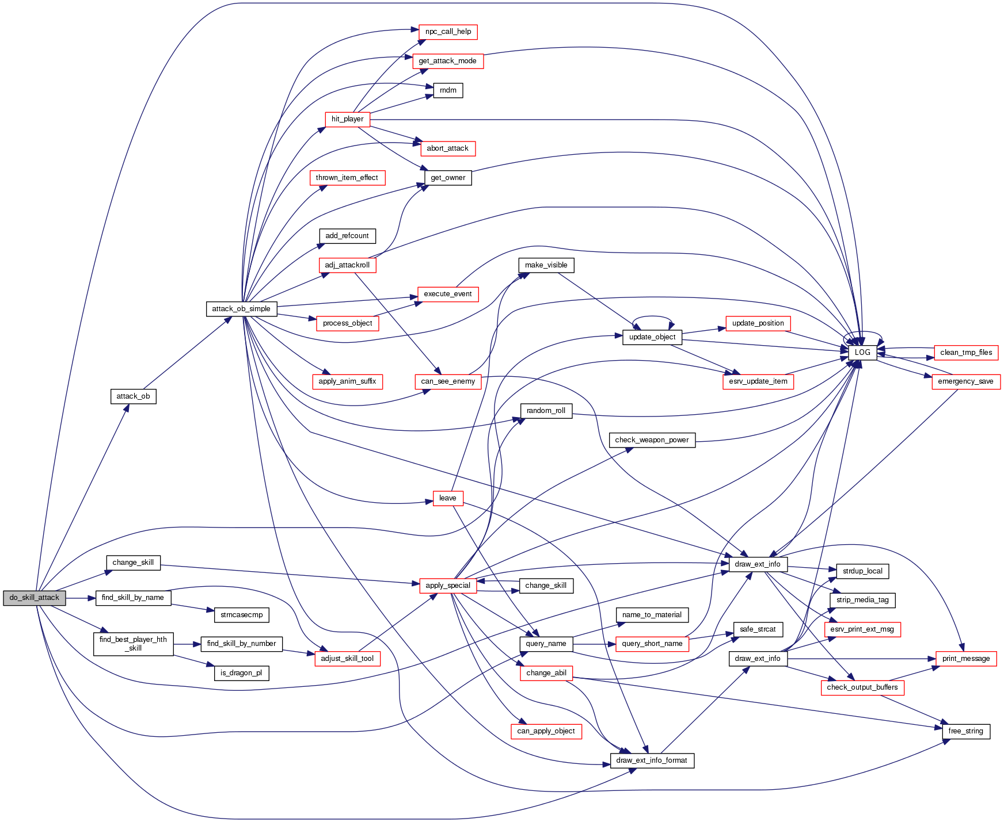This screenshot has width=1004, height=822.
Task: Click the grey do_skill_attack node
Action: pyautogui.click(x=34, y=598)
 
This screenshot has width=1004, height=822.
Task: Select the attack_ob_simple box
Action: pyautogui.click(x=241, y=309)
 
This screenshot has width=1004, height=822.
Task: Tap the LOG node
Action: pyautogui.click(x=862, y=353)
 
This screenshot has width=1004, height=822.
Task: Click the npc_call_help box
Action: pyautogui.click(x=448, y=32)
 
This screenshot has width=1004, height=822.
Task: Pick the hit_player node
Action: pyautogui.click(x=347, y=119)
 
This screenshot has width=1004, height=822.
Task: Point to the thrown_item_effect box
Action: pyautogui.click(x=347, y=178)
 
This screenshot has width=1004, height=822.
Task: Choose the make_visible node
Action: pyautogui.click(x=546, y=265)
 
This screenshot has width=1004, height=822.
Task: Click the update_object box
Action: pyautogui.click(x=652, y=337)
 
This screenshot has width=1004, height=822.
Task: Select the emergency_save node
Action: pyautogui.click(x=965, y=381)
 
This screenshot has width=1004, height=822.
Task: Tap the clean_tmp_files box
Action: pyautogui.click(x=966, y=353)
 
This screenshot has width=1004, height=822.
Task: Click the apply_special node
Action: pyautogui.click(x=448, y=586)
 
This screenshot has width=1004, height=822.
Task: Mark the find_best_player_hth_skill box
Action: pyautogui.click(x=133, y=644)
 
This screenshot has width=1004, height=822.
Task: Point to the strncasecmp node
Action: pyautogui.click(x=242, y=615)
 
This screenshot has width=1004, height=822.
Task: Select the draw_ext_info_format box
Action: pyautogui.click(x=652, y=760)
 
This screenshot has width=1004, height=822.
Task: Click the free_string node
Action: pyautogui.click(x=965, y=731)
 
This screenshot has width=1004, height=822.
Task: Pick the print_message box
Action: pyautogui.click(x=965, y=659)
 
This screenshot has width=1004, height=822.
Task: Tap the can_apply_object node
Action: pyautogui.click(x=546, y=731)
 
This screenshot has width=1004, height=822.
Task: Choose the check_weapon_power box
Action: pyautogui.click(x=652, y=440)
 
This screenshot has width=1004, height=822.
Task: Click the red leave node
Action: pyautogui.click(x=447, y=498)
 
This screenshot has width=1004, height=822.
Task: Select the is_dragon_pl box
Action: pyautogui.click(x=241, y=673)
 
